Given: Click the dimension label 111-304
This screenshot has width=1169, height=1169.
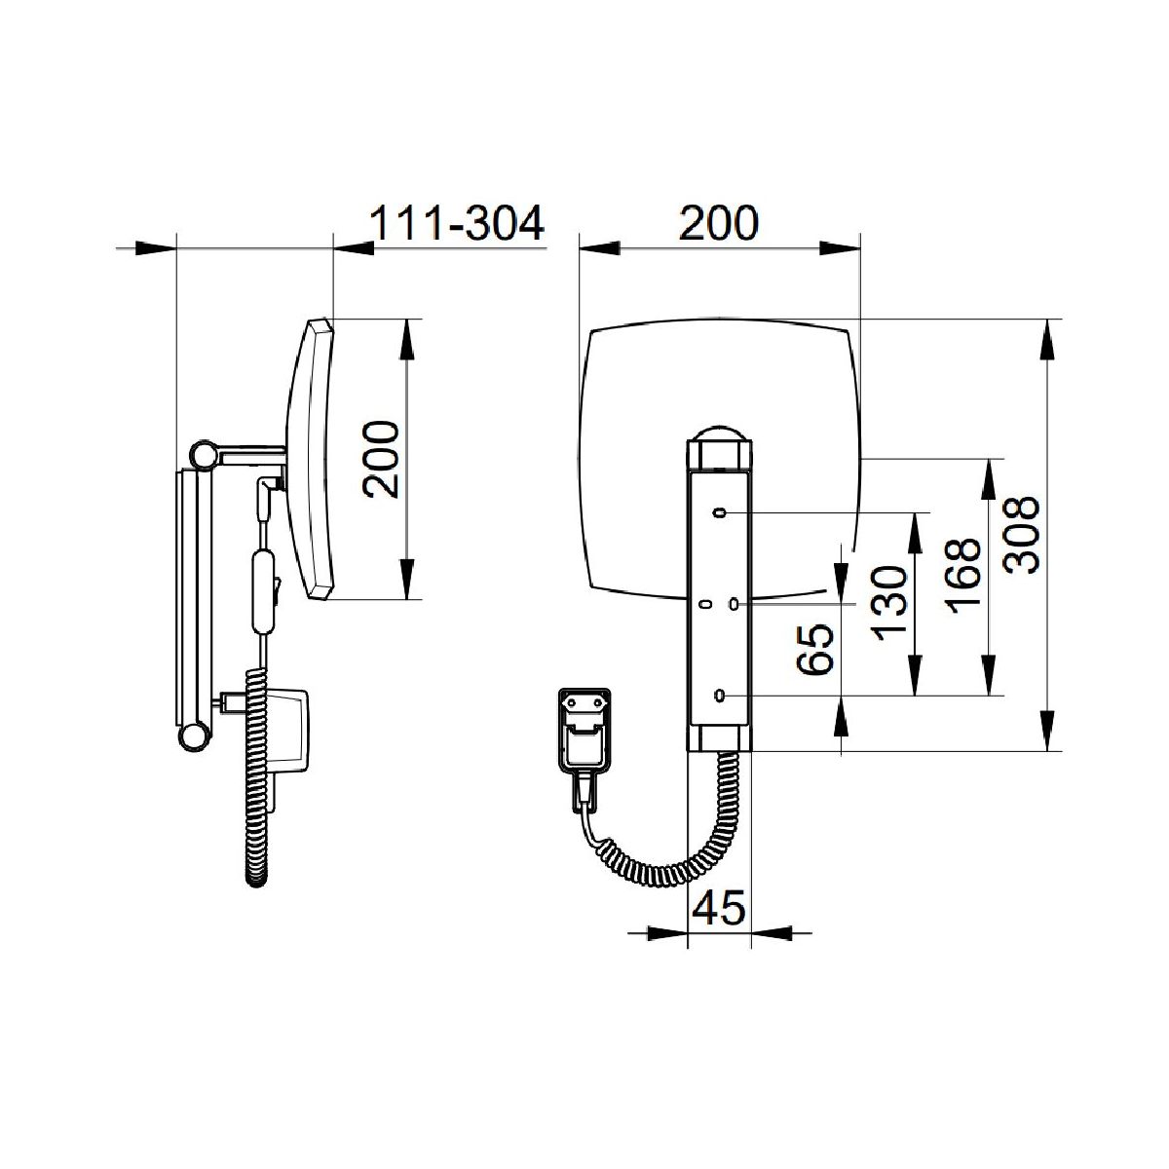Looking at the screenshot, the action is coord(456,223).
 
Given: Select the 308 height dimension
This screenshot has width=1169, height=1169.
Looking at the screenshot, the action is coord(1022,535).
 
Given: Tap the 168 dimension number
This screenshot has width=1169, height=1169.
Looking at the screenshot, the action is coord(963,575).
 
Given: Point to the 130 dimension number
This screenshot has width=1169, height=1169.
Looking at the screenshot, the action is coord(888,604).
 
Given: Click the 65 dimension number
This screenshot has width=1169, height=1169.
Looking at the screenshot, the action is coord(814,650).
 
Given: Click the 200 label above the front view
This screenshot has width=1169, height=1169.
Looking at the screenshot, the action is coord(719,223).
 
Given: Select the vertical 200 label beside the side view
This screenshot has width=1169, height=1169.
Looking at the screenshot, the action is coord(381,459).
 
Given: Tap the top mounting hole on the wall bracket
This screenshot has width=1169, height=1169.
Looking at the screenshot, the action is coord(720,512).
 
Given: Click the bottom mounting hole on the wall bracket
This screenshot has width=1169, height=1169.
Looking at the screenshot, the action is coord(720,696).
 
